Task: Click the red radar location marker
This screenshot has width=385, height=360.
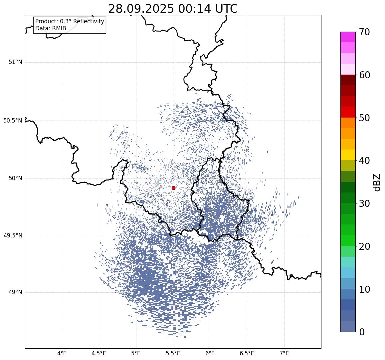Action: (x=173, y=188)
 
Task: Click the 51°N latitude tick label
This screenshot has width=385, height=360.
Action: (x=15, y=62)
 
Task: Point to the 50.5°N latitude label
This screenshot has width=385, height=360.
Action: (x=13, y=121)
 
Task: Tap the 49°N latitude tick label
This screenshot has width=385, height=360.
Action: (x=15, y=292)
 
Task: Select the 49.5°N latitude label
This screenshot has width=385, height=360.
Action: (x=13, y=236)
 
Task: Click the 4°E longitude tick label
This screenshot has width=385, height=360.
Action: (x=62, y=353)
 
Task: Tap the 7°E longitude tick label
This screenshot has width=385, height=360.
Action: (x=284, y=353)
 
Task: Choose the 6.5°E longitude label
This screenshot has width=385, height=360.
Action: (x=247, y=353)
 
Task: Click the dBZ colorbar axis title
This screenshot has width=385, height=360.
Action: (x=377, y=182)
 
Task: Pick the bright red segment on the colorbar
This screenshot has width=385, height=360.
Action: (x=348, y=112)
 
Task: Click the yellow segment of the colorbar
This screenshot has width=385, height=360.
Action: (x=348, y=155)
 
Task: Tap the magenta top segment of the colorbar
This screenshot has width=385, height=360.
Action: (x=348, y=37)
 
